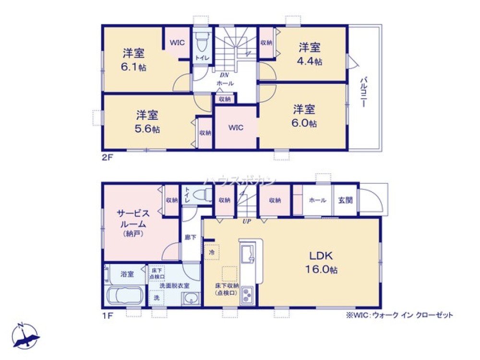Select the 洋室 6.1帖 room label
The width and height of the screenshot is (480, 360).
[x=133, y=59]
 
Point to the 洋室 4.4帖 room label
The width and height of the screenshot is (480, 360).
[x=310, y=54]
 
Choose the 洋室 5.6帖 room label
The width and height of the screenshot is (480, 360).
[x=147, y=121]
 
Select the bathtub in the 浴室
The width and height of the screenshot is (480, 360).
[x=124, y=295]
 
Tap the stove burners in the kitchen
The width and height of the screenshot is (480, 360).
[x=248, y=294]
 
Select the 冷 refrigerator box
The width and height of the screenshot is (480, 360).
[x=212, y=252]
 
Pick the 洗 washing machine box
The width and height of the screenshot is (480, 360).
[x=156, y=298]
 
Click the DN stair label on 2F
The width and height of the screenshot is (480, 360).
[x=224, y=75]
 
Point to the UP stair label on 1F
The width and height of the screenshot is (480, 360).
[x=247, y=222]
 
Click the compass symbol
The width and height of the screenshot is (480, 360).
[x=25, y=336]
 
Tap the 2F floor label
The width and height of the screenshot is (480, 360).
[x=107, y=157]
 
